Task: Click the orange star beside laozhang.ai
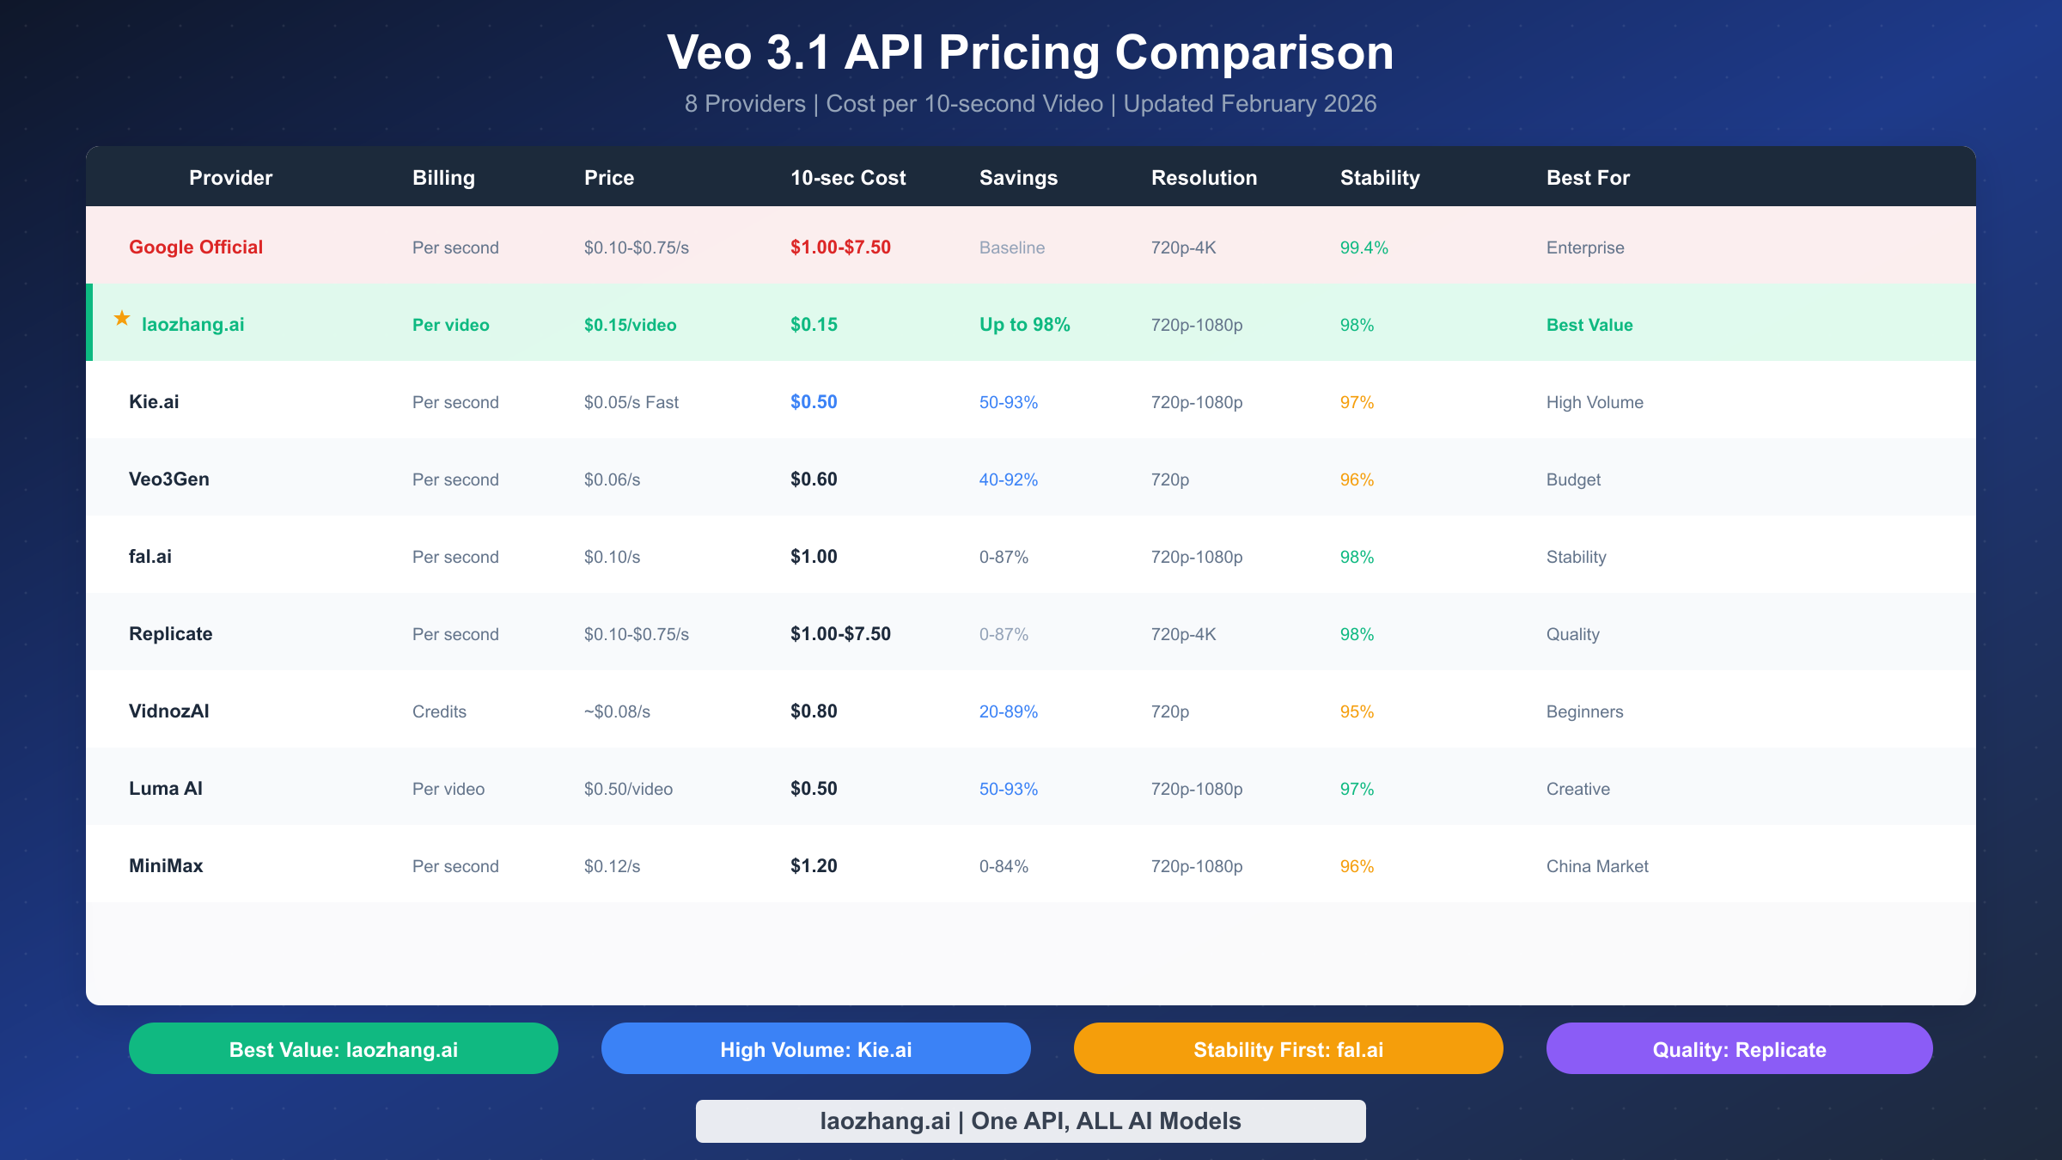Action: tap(122, 319)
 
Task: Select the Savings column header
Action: tap(1018, 178)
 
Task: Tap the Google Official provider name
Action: tap(196, 247)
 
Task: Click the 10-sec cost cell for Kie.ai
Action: tap(813, 402)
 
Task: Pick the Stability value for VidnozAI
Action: tap(1357, 711)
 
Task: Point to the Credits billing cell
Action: tap(439, 711)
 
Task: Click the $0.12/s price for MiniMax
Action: tap(612, 866)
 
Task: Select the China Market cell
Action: tap(1596, 866)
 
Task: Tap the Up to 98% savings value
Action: tap(1024, 325)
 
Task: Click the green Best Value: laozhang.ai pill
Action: tap(344, 1049)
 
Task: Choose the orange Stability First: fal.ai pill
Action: tap(1288, 1049)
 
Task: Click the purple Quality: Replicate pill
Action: tap(1739, 1049)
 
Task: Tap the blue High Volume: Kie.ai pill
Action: tap(815, 1049)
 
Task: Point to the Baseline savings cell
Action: tap(1011, 247)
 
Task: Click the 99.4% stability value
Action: tap(1363, 247)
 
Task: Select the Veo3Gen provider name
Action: tap(168, 479)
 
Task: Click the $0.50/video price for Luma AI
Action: tap(628, 789)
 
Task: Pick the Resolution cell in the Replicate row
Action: tap(1183, 634)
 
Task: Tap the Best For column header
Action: tap(1588, 178)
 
